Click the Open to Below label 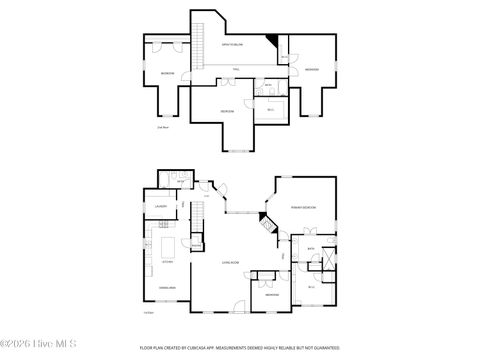[x=235, y=46]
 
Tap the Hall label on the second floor [x=236, y=68]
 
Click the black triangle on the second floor [x=271, y=41]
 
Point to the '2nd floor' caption [x=162, y=127]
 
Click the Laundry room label [x=161, y=207]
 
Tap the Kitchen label [x=167, y=262]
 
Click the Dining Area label [x=167, y=288]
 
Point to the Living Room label [x=229, y=262]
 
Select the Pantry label [x=163, y=227]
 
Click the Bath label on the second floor [x=268, y=86]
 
